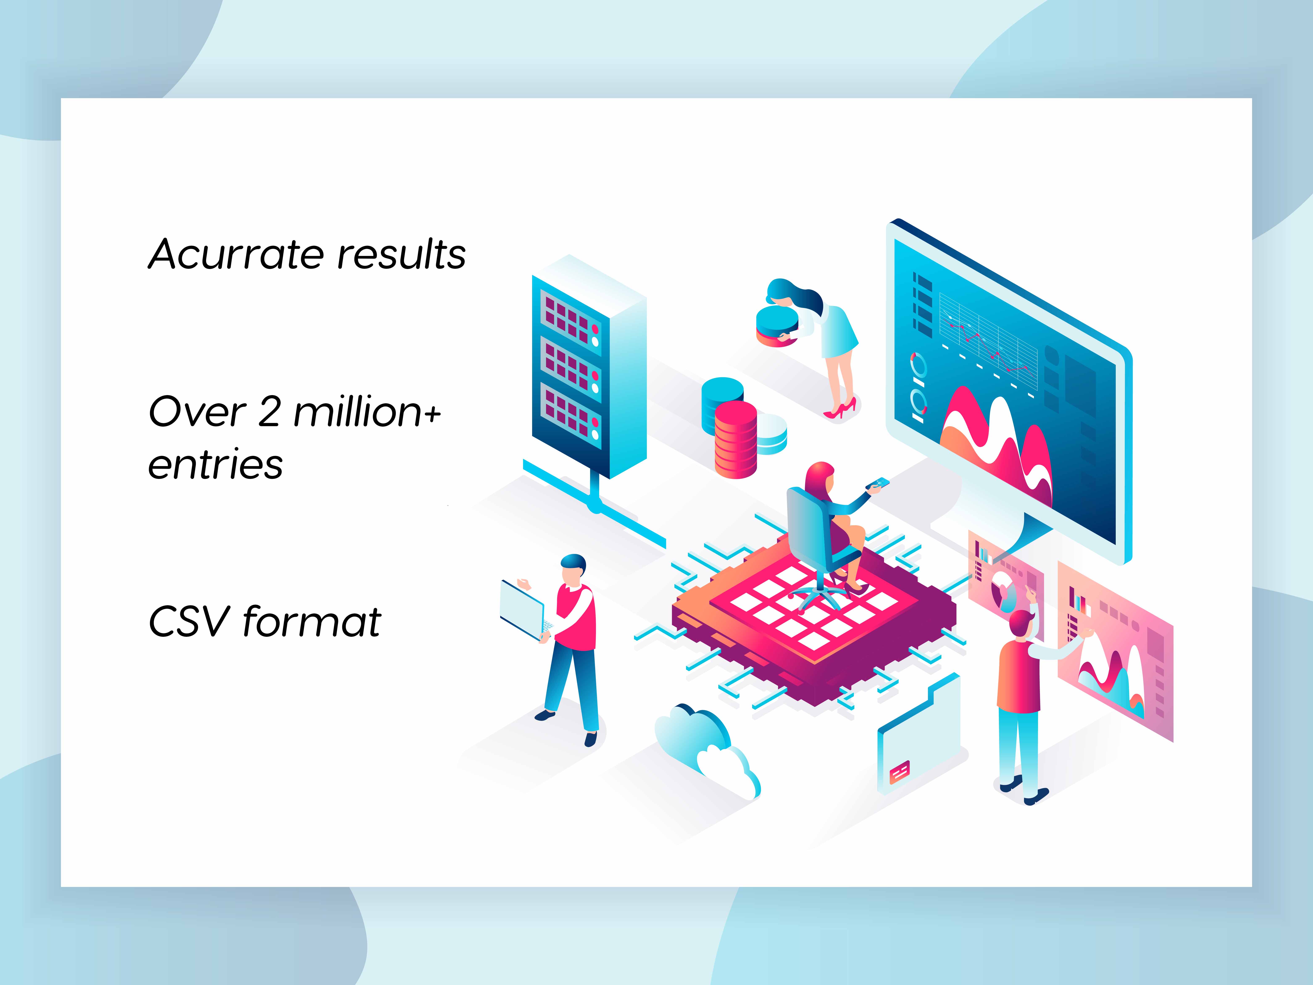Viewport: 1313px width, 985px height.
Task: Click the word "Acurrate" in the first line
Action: [236, 254]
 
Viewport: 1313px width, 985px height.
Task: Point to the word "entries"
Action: [216, 464]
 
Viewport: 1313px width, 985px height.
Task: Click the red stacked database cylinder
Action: [735, 439]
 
